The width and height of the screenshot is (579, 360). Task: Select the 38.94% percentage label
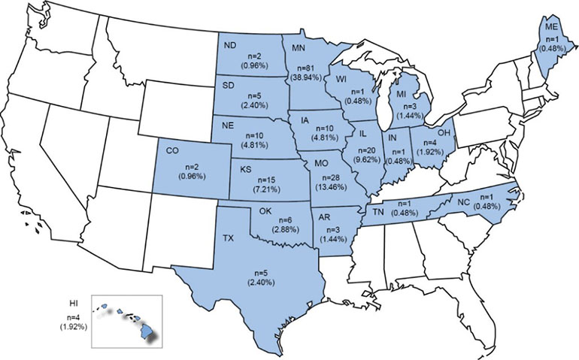pos(303,77)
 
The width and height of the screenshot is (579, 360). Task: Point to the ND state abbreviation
pos(232,44)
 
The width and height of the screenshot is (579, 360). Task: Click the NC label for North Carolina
pos(464,201)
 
